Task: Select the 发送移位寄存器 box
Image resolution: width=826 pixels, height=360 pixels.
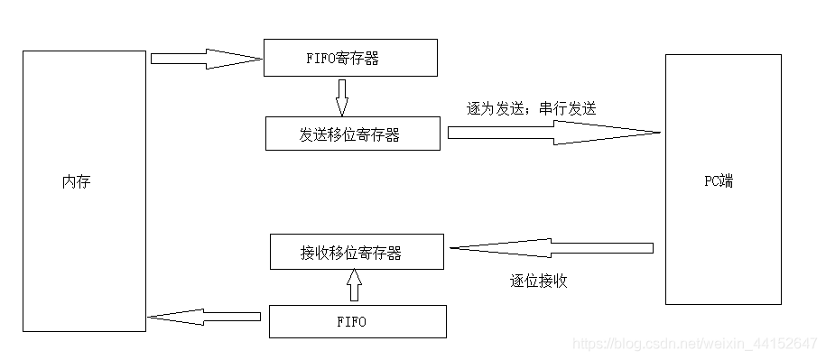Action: (353, 134)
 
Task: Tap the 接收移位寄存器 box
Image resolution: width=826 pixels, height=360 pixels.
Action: (357, 252)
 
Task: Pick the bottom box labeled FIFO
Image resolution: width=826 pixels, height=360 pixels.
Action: (357, 321)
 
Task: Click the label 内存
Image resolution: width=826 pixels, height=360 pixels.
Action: (76, 182)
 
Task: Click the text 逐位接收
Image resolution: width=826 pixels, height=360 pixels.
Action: (539, 281)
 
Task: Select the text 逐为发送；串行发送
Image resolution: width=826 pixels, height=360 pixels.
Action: (532, 107)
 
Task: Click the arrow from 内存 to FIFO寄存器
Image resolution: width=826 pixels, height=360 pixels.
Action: (206, 59)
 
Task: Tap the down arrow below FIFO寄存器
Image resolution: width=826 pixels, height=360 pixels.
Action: (341, 97)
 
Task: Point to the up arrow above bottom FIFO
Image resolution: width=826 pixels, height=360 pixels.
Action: (354, 287)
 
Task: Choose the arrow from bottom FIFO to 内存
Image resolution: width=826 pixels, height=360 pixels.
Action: (204, 316)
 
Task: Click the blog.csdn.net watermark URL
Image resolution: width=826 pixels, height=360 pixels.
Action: (695, 344)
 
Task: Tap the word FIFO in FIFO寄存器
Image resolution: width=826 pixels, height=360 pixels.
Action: (321, 60)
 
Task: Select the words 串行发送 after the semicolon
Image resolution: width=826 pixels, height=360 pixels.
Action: (568, 107)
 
